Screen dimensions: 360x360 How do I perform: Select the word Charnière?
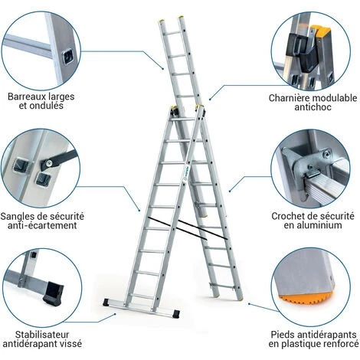pos(289,98)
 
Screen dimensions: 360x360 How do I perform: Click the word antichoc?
pos(313,106)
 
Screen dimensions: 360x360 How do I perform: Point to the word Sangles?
pos(17,217)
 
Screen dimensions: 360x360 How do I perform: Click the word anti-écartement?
pos(42,225)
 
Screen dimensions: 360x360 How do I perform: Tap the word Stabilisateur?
pos(42,335)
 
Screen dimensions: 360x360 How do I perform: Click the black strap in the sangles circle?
pos(59,159)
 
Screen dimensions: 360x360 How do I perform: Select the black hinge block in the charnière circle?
pos(304,51)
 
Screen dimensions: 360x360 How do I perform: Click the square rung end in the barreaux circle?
pos(68,57)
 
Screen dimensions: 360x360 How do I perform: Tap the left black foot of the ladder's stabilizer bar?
pos(106,303)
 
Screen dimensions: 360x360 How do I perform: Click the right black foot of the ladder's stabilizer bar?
pos(176,314)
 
